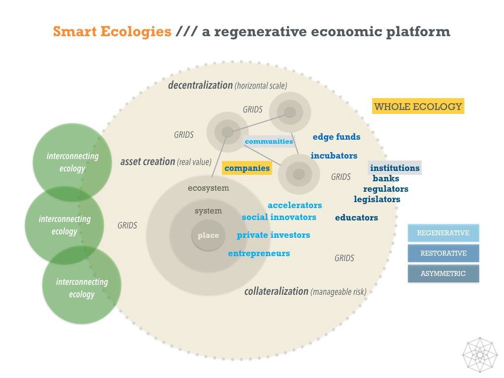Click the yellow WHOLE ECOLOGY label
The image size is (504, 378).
(x=418, y=107)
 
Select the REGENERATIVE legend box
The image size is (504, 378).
(x=443, y=233)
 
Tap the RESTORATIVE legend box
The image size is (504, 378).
(x=443, y=253)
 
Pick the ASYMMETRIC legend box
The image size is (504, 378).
(x=443, y=273)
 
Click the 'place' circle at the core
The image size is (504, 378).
(x=208, y=235)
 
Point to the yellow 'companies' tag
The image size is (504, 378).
(x=247, y=168)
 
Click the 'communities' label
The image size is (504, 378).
(x=269, y=141)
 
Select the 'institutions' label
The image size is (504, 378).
(x=394, y=168)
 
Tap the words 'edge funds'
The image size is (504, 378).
(x=336, y=137)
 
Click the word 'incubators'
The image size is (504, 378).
(x=334, y=156)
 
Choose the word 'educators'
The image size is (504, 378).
(x=356, y=217)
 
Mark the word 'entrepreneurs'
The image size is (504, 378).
(x=259, y=254)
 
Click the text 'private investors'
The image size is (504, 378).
(x=273, y=235)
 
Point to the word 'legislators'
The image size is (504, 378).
(x=377, y=199)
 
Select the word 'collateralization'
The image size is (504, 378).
(x=276, y=291)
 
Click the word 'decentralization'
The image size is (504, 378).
(x=200, y=85)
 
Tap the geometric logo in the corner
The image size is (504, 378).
(x=479, y=354)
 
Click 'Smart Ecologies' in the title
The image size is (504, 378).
(x=112, y=32)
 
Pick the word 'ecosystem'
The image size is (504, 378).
(x=208, y=188)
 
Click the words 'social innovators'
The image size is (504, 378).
(x=279, y=217)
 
